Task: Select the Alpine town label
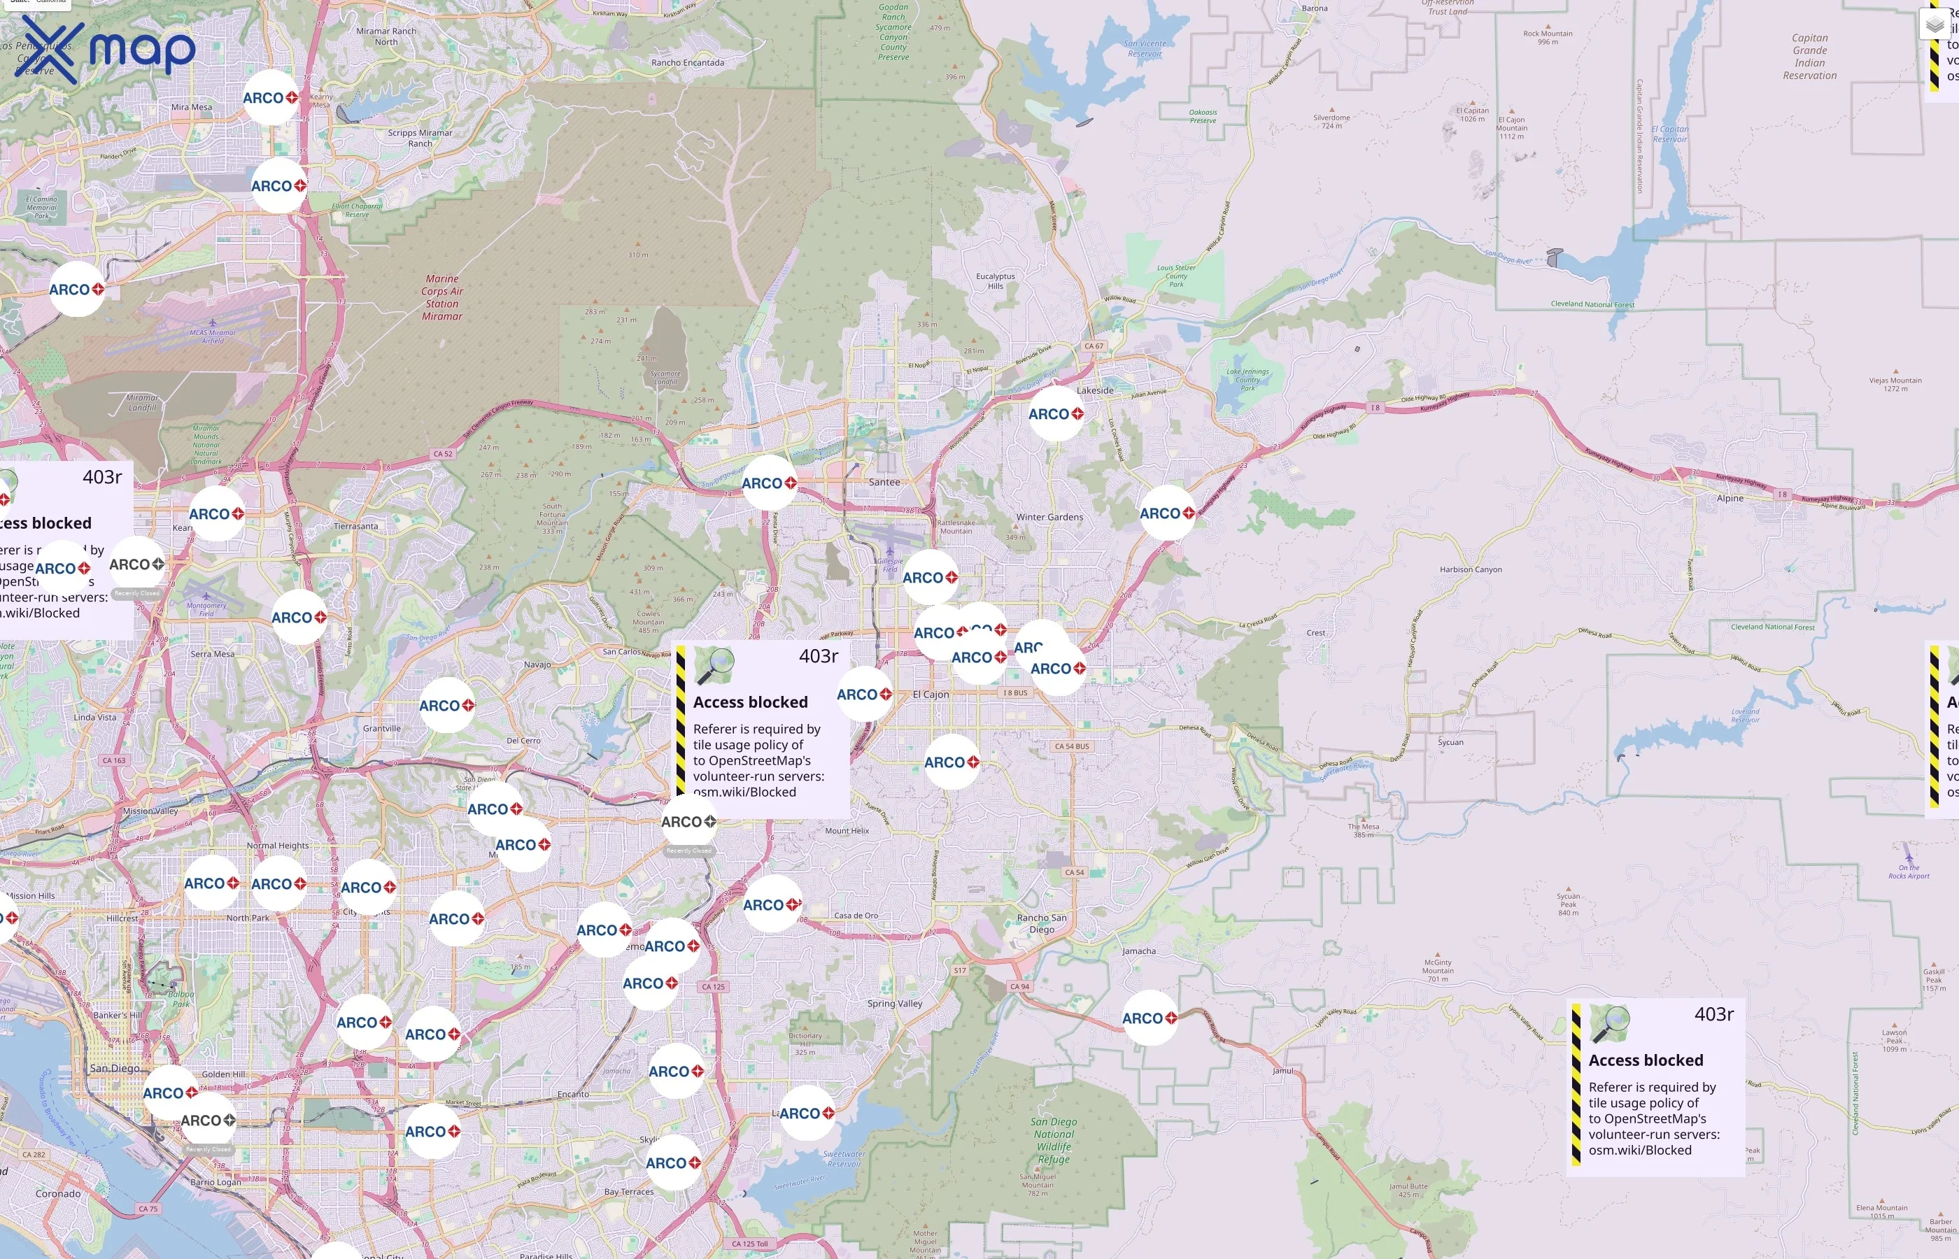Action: (x=1730, y=499)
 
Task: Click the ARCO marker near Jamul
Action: (x=1149, y=1018)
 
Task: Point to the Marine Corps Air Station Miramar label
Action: (x=442, y=297)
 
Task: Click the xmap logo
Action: (x=105, y=50)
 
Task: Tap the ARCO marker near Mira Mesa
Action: (x=270, y=98)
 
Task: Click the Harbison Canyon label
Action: (x=1470, y=570)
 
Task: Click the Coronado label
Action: (x=58, y=1193)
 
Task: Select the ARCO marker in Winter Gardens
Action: (x=1167, y=513)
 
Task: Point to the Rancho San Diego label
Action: (x=1041, y=923)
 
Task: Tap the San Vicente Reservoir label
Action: (x=1145, y=49)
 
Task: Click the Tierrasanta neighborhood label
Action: (x=355, y=527)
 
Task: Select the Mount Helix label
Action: (x=847, y=831)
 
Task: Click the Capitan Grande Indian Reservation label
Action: (x=1809, y=57)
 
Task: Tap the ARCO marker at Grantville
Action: (x=446, y=706)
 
